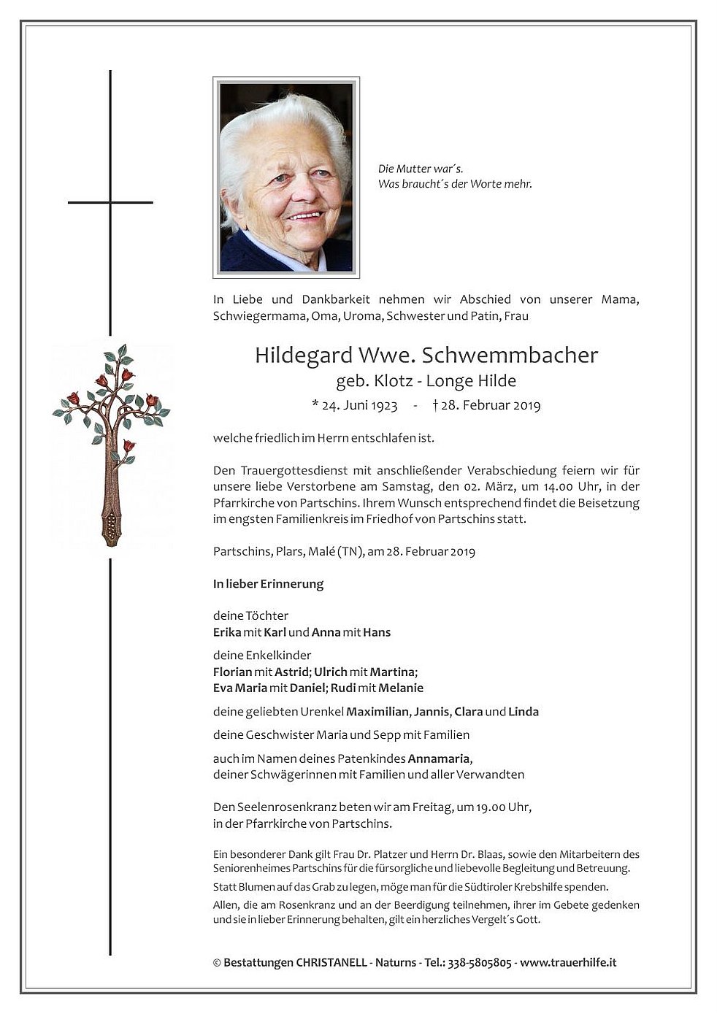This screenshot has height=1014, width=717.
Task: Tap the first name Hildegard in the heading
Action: (x=303, y=356)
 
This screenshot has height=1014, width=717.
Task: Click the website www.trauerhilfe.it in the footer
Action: (x=568, y=962)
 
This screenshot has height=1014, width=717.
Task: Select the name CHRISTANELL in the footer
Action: (x=331, y=962)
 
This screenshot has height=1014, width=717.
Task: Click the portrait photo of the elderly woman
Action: (x=285, y=177)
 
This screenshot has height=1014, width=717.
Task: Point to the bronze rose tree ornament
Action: (x=111, y=443)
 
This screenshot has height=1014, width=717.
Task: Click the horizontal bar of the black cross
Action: (x=110, y=202)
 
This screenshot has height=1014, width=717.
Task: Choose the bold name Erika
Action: (x=227, y=632)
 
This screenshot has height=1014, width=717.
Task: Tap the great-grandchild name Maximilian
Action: (x=378, y=712)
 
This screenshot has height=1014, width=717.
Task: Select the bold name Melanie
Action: (x=400, y=688)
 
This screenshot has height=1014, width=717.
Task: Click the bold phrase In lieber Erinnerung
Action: (x=268, y=584)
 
